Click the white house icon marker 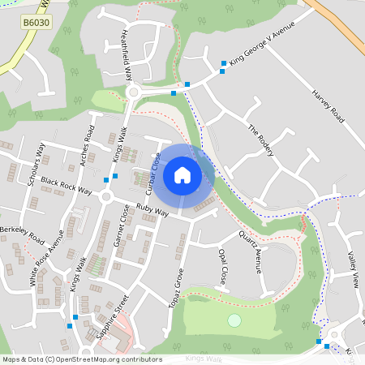(182, 175)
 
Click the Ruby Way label (152, 210)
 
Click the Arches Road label (86, 147)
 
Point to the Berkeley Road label (22, 235)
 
